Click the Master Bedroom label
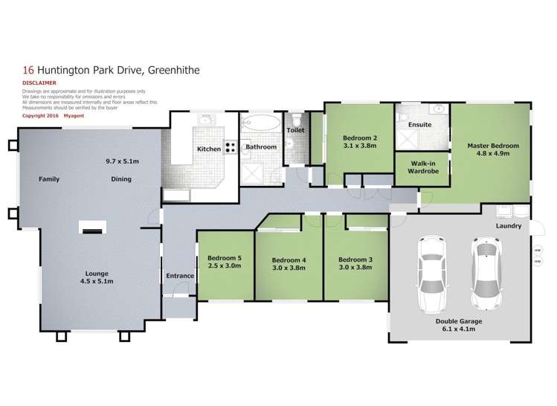[x=492, y=146]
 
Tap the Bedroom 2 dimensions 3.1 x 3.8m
[x=360, y=146]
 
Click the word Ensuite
[x=419, y=124]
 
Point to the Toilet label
[x=295, y=130]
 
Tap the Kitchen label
[x=208, y=149]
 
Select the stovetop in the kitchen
[x=231, y=146]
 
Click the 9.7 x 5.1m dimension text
[x=123, y=161]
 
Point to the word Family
[x=49, y=179]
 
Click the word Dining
[x=120, y=179]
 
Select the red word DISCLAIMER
[x=38, y=83]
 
